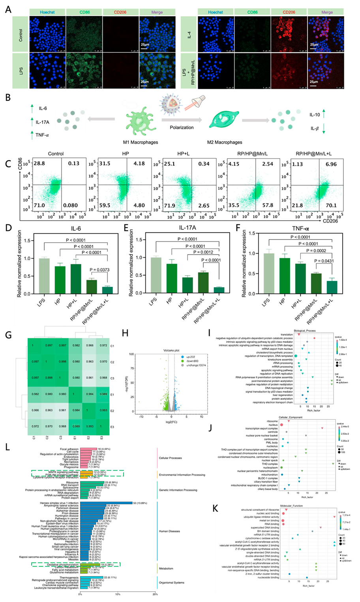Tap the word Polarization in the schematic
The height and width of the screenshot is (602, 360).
pyautogui.click(x=182, y=127)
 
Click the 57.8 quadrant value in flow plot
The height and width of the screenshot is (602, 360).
pyautogui.click(x=268, y=205)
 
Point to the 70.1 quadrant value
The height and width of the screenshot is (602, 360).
pyautogui.click(x=331, y=205)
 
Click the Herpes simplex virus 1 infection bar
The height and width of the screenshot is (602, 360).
pyautogui.click(x=106, y=503)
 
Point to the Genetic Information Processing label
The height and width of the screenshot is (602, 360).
pyautogui.click(x=178, y=490)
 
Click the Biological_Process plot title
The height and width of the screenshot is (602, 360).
pyautogui.click(x=305, y=331)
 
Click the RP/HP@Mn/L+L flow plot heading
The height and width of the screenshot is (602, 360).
pyautogui.click(x=314, y=153)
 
